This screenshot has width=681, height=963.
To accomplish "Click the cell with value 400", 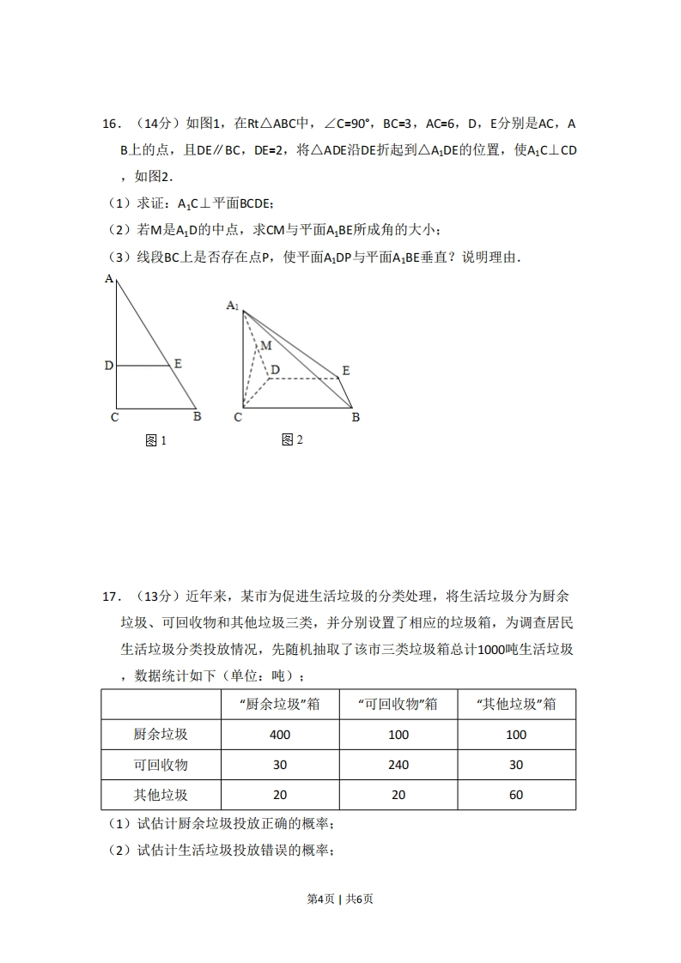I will click(279, 735).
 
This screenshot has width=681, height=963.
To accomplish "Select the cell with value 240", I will click(398, 765).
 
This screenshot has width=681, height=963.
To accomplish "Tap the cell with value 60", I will click(515, 795).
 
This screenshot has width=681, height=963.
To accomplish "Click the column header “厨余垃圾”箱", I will click(279, 704).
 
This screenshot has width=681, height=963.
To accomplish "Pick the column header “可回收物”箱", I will click(398, 704).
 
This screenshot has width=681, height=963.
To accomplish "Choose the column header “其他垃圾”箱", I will click(515, 704).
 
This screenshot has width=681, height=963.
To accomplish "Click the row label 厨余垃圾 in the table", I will click(161, 735).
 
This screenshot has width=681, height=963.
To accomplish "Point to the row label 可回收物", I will click(161, 765).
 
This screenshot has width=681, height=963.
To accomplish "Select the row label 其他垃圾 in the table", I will click(161, 795).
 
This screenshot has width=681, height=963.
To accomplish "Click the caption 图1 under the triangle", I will click(155, 441).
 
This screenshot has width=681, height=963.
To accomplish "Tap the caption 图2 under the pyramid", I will click(292, 440).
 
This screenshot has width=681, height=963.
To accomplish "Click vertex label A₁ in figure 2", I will click(233, 306).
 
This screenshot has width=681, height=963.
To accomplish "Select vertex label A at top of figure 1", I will click(109, 278).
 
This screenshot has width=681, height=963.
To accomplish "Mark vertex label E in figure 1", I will click(178, 364).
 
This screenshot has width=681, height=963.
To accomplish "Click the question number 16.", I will click(109, 124).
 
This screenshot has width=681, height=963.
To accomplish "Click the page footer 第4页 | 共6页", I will click(340, 899).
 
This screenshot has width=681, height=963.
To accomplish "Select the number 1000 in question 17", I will click(491, 649).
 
